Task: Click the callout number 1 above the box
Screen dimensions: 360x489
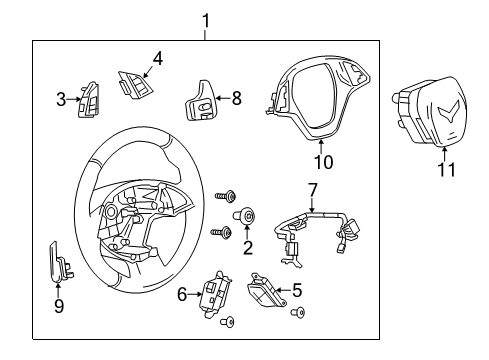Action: (x=206, y=20)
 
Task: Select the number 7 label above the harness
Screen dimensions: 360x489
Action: (x=312, y=189)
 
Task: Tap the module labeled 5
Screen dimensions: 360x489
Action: (x=265, y=293)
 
